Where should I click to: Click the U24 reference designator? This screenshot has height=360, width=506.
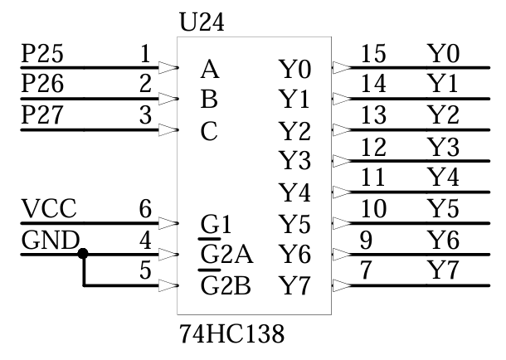click(x=202, y=22)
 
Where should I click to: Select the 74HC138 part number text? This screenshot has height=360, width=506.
click(x=231, y=335)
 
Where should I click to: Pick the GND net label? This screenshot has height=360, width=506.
click(x=50, y=241)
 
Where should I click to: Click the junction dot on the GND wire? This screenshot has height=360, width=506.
click(x=82, y=254)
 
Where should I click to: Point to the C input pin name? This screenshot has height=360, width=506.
click(x=209, y=131)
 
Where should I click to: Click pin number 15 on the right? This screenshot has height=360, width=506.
click(x=374, y=55)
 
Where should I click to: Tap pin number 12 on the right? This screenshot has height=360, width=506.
click(x=374, y=148)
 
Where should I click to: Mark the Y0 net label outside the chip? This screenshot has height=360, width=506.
click(x=442, y=55)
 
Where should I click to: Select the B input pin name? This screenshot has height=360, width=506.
click(x=209, y=100)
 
